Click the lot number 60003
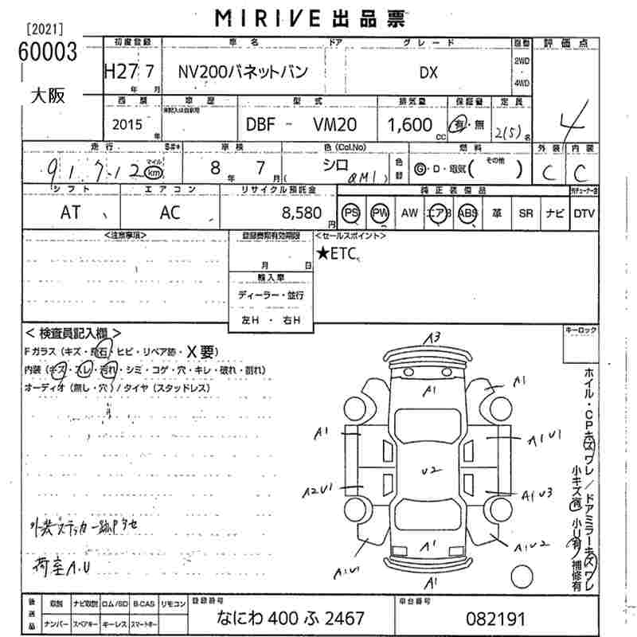pyautogui.click(x=49, y=53)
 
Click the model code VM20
pyautogui.click(x=335, y=125)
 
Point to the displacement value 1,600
pyautogui.click(x=410, y=125)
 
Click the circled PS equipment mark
pyautogui.click(x=351, y=213)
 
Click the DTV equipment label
pyautogui.click(x=584, y=213)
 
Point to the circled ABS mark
pyautogui.click(x=467, y=213)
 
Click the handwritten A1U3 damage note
pyautogui.click(x=537, y=494)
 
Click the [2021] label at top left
pyautogui.click(x=46, y=29)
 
